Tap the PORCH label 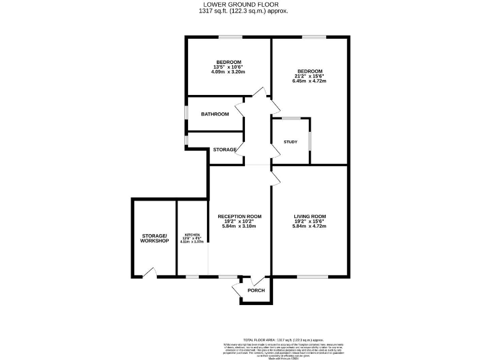[256, 291]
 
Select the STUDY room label [290, 142]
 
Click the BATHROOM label [214, 114]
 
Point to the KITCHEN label [192, 235]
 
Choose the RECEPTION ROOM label [239, 216]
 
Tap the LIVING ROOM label [310, 216]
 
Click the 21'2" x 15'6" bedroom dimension [310, 76]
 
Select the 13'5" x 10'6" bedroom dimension [229, 67]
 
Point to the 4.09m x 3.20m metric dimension [229, 72]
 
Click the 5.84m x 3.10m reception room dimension [239, 226]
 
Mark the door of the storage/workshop [149, 272]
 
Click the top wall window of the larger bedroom [314, 37]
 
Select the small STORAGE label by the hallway [224, 149]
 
